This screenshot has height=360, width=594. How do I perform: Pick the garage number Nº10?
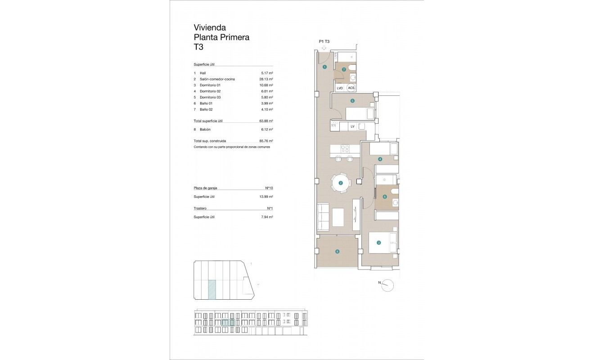(269, 188)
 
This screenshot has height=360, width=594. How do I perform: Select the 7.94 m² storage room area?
(268, 217)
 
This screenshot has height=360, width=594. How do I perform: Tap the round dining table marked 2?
(341, 183)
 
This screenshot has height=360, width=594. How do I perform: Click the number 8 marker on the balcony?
(337, 252)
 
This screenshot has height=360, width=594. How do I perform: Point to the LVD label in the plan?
(340, 88)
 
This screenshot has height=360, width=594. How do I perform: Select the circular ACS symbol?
(351, 88)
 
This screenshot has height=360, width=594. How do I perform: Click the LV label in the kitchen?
(352, 126)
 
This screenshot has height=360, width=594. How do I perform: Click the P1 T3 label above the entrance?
(324, 41)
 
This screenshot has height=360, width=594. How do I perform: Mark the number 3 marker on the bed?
(379, 243)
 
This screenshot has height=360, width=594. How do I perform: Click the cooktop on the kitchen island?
(345, 148)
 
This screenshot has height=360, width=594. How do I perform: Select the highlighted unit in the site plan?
(211, 289)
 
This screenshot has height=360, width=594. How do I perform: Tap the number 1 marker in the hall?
(324, 67)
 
